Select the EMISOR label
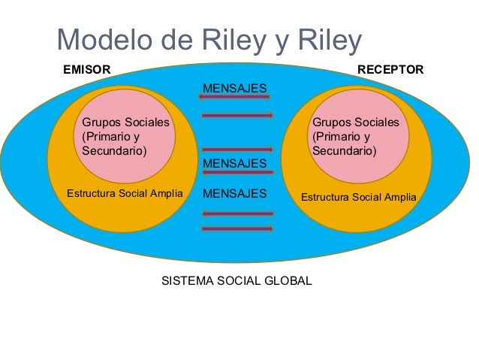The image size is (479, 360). click(86, 70)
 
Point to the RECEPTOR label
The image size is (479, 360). click(390, 70)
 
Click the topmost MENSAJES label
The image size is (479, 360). click(235, 89)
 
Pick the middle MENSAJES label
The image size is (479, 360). click(235, 163)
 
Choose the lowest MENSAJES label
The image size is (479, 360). click(235, 194)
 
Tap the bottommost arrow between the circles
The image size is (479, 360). click(237, 229)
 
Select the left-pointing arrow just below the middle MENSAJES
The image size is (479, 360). click(237, 173)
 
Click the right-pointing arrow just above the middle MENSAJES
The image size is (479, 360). click(237, 150)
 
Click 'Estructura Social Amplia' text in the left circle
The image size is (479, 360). click(125, 194)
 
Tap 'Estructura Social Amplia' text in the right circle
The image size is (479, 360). click(358, 198)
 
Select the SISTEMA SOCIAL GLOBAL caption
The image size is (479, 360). click(236, 282)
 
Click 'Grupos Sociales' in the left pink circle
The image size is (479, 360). click(125, 123)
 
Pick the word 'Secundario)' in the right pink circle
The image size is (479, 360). click(344, 151)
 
